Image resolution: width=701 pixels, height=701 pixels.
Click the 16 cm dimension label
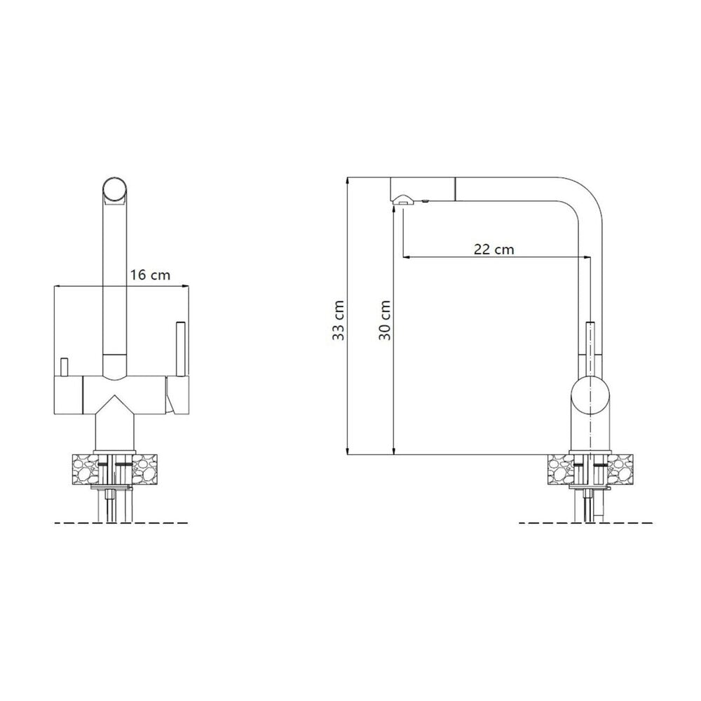[150, 275]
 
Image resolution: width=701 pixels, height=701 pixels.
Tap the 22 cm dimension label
[494, 249]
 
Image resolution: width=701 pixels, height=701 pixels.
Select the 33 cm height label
[339, 320]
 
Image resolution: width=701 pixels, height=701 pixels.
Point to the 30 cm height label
[384, 320]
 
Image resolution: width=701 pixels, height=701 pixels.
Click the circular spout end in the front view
[115, 189]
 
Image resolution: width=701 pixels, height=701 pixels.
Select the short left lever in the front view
[64, 367]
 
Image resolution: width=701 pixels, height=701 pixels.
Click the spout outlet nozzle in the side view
[402, 199]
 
